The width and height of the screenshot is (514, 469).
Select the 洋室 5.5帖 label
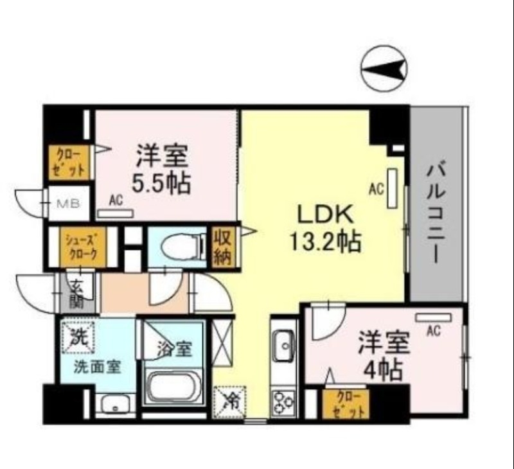pyautogui.click(x=161, y=170)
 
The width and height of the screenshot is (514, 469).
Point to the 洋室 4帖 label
pyautogui.click(x=384, y=357)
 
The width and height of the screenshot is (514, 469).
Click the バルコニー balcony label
pyautogui.click(x=435, y=212)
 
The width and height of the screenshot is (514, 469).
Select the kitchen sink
pyautogui.click(x=283, y=347)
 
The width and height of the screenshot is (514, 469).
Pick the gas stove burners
pyautogui.click(x=283, y=403)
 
